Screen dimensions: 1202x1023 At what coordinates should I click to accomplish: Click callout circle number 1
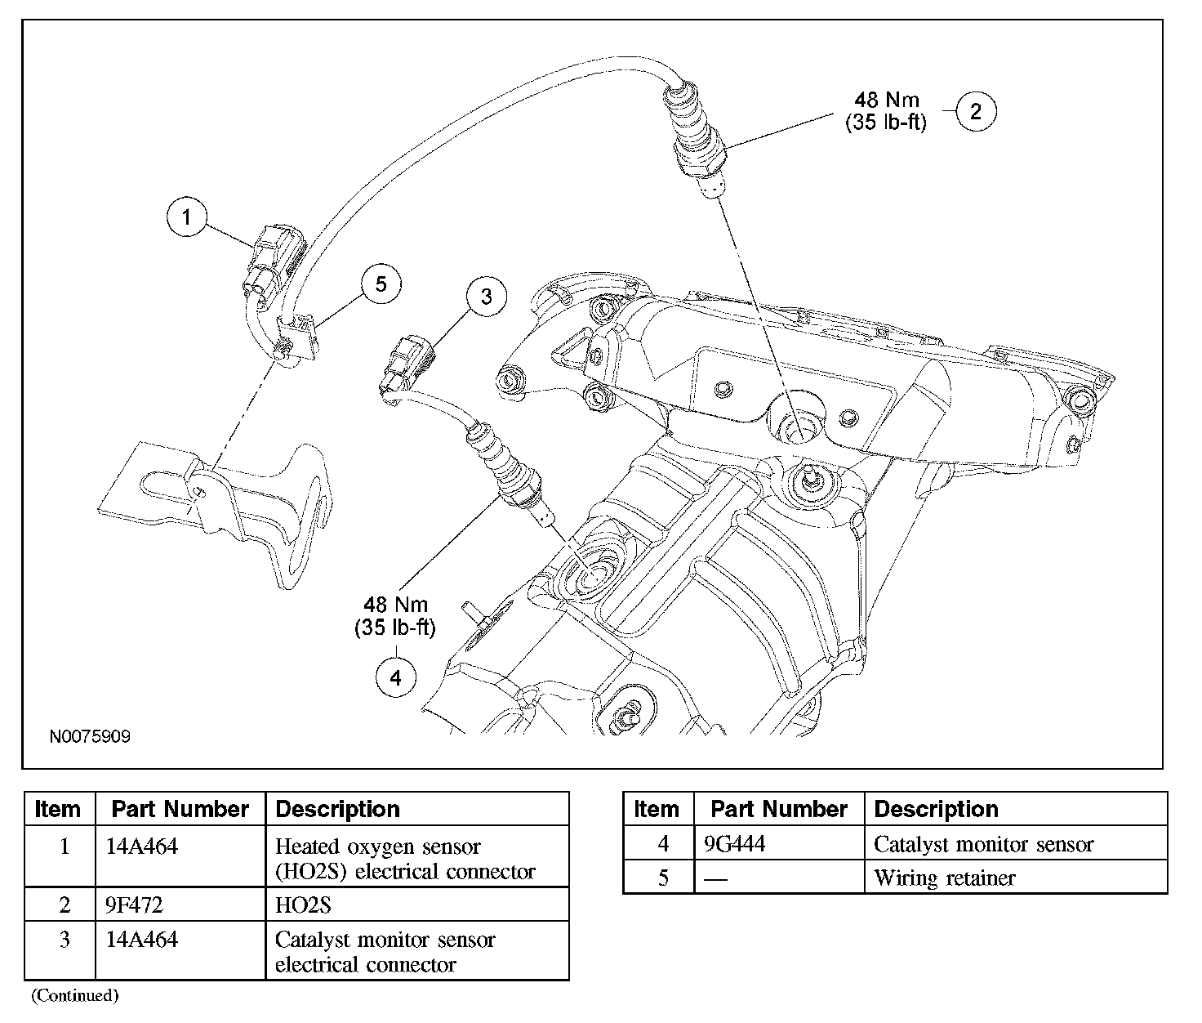[187, 217]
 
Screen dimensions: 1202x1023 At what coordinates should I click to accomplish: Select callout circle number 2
[976, 111]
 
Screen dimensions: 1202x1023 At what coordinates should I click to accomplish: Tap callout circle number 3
[486, 297]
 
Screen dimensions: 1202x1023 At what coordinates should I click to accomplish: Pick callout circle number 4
[396, 677]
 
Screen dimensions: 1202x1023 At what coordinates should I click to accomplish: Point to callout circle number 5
[381, 284]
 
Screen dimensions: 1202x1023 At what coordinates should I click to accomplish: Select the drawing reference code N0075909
[90, 737]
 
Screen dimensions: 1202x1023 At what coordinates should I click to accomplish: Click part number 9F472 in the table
[135, 905]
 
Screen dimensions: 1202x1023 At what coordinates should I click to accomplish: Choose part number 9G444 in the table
[735, 844]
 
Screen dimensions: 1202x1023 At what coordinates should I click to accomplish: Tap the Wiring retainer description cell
[945, 878]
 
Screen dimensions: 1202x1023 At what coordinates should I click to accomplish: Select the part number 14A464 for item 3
[142, 940]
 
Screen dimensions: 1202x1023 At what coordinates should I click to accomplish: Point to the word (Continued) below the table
[75, 995]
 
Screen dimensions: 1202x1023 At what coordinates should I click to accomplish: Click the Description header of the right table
[937, 809]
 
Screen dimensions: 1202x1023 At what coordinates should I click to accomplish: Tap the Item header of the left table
[58, 809]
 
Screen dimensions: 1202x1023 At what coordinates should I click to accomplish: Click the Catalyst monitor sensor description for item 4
[984, 844]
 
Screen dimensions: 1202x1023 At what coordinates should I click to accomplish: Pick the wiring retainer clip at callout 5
[298, 337]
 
